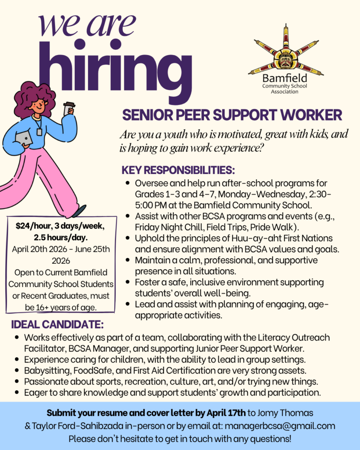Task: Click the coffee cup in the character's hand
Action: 69,108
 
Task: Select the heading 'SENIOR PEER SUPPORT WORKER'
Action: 232,115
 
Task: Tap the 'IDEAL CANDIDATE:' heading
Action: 57,325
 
